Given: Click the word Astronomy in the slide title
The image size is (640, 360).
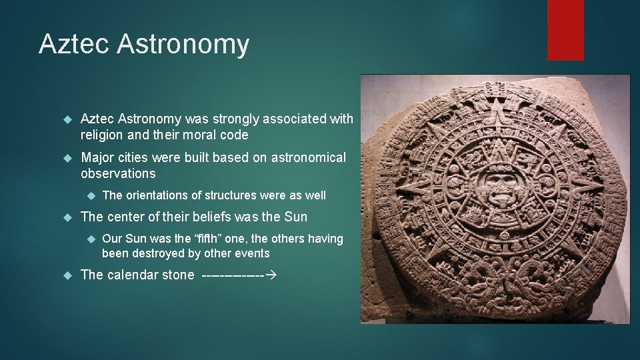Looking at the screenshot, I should click(183, 45).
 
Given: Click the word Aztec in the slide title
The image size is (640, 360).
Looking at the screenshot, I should click(73, 45).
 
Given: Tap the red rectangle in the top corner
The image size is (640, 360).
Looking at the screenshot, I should click(565, 30).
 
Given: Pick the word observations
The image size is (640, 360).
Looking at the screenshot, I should click(118, 174).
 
